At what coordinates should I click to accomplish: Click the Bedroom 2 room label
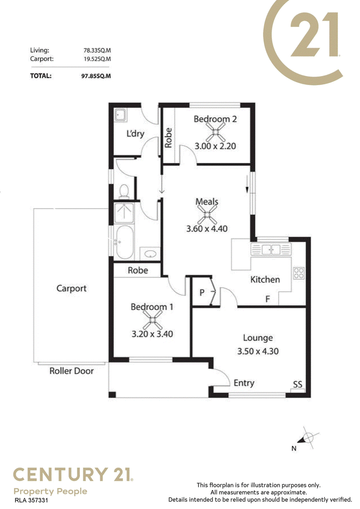click(x=215, y=119)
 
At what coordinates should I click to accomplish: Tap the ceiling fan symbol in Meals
click(x=207, y=214)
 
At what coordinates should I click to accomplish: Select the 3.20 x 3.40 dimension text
click(x=152, y=334)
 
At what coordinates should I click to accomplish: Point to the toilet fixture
click(x=124, y=191)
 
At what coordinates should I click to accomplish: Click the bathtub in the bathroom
click(x=125, y=242)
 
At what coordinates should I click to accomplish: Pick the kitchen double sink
click(x=271, y=250)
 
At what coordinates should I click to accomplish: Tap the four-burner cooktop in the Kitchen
click(x=299, y=273)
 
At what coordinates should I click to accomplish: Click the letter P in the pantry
click(x=202, y=292)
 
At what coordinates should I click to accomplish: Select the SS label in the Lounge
click(x=297, y=384)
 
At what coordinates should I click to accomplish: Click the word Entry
click(x=244, y=384)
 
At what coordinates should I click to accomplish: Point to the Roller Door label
click(x=72, y=371)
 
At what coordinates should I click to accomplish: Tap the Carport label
click(x=72, y=288)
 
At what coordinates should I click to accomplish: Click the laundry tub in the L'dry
click(x=121, y=115)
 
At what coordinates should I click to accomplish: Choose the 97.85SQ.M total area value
click(x=96, y=76)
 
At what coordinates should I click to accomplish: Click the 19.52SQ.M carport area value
click(x=97, y=59)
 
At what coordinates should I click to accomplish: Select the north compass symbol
click(x=307, y=438)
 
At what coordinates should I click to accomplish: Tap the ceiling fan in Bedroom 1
click(x=152, y=320)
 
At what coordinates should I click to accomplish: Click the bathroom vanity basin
click(x=150, y=254)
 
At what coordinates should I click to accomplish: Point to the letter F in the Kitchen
click(x=268, y=299)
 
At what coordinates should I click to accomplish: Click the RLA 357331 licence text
click(x=31, y=500)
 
